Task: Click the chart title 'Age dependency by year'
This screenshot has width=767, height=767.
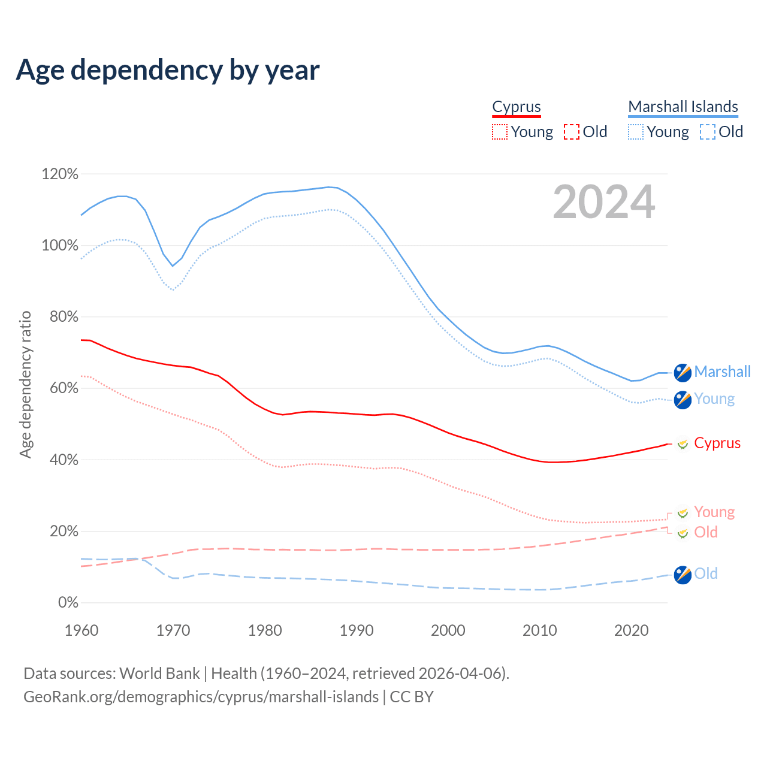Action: (x=168, y=70)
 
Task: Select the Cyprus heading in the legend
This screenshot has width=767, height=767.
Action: (x=517, y=107)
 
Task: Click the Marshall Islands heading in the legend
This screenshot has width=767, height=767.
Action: (x=683, y=107)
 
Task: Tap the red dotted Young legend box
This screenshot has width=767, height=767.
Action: (x=500, y=132)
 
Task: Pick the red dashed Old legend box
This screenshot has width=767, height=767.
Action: (x=572, y=132)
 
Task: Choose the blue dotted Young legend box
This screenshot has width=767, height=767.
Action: (x=636, y=132)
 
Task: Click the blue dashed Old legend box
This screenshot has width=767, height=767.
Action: (x=708, y=132)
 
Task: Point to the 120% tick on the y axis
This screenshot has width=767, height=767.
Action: (x=60, y=174)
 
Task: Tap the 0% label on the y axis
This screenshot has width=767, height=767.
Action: (x=68, y=603)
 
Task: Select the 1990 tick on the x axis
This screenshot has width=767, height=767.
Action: (x=357, y=630)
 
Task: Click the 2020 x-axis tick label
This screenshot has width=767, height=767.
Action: (x=632, y=630)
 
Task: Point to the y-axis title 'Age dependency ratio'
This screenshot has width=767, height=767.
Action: (x=25, y=384)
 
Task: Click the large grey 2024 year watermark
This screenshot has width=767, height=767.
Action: (x=604, y=202)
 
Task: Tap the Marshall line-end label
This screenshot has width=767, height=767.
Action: (x=722, y=372)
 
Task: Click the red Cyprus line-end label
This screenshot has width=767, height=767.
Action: (x=717, y=443)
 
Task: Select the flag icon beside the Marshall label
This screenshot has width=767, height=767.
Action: (x=683, y=372)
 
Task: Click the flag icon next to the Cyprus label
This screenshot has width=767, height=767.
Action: (x=683, y=444)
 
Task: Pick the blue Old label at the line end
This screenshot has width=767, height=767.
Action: (x=706, y=573)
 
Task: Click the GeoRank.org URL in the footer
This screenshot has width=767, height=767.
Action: (x=201, y=697)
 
